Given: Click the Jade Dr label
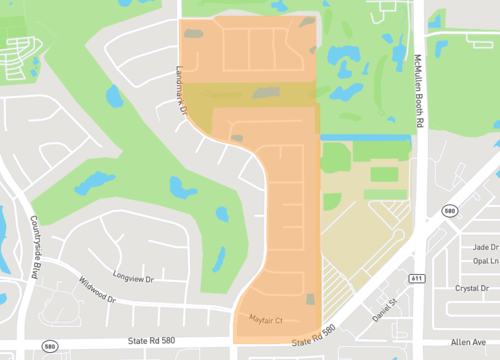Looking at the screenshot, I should pos(485,246).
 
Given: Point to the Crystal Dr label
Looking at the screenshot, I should pos(471,288).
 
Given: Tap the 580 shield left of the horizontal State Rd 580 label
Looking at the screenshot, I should pos(49,346).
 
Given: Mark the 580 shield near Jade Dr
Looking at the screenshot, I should pos(450,211).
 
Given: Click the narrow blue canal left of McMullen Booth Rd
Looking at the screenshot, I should pos(366,136).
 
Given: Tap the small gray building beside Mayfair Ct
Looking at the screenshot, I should pos(311,299).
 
